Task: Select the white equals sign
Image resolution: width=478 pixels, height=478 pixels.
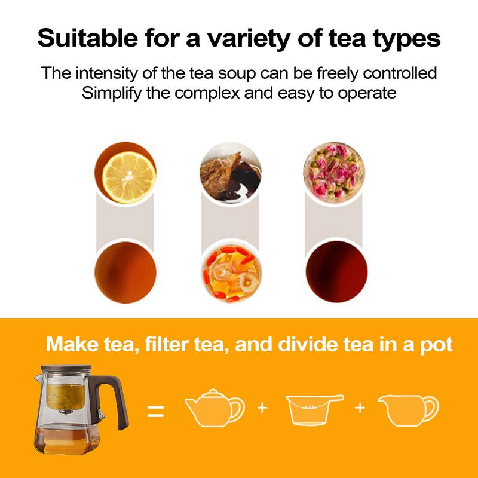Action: coord(155,411)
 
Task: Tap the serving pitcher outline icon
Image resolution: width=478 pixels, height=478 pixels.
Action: coord(411,411)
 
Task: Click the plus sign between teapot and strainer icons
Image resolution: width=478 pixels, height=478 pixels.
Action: coord(261,408)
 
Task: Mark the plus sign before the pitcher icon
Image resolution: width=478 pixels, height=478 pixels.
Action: coord(360,408)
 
